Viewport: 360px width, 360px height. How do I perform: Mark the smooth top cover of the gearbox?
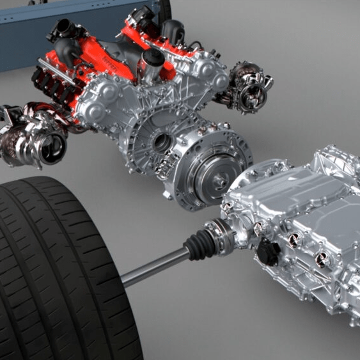pos(301,185)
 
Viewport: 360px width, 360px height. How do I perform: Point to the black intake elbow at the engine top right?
pos(173,29)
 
